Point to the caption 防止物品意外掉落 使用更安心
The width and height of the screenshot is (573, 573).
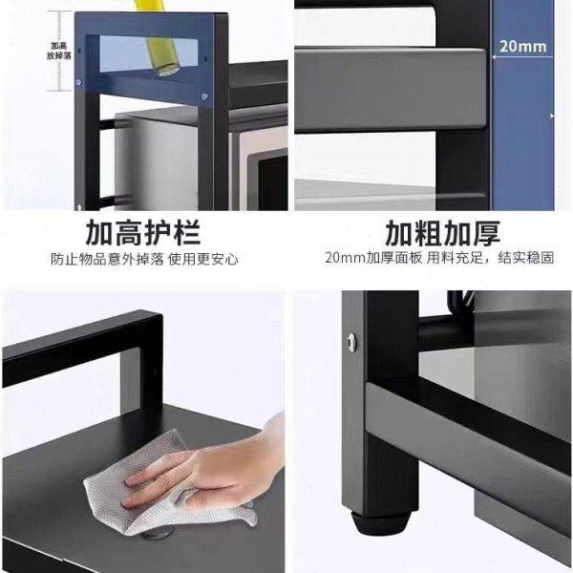coord(144,259)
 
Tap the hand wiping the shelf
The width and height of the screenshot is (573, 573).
coord(210,468)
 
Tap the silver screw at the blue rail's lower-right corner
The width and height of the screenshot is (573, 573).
coord(205,96)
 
